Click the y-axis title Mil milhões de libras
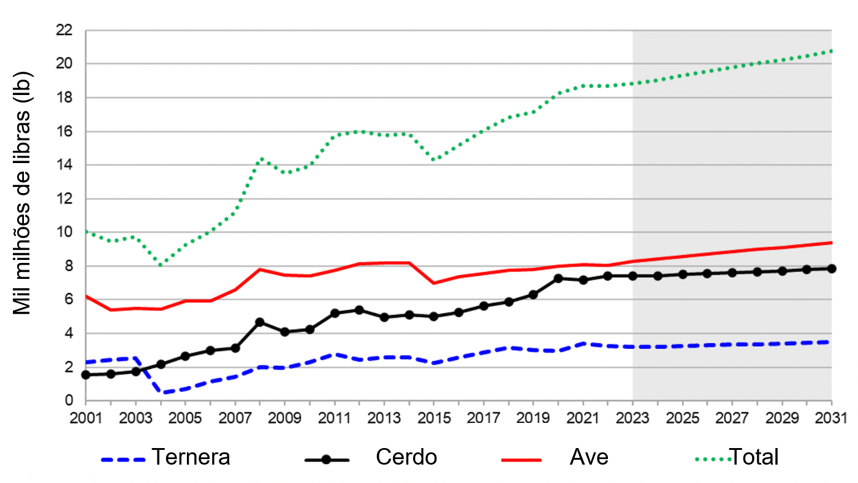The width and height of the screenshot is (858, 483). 23,193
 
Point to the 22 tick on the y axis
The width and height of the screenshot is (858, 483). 64,30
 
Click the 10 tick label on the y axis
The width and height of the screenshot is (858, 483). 64,232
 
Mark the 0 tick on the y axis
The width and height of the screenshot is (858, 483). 68,401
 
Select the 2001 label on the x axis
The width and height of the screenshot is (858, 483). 86,419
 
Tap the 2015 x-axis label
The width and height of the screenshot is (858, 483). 434,419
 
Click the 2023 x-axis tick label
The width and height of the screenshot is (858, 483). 632,419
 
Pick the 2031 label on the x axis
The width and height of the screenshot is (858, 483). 831,419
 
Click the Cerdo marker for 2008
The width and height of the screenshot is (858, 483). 260,322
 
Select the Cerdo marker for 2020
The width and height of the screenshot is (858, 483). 558,278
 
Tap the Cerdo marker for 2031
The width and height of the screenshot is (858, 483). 831,268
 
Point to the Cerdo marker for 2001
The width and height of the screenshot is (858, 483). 86,375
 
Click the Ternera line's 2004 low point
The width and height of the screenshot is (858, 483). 161,392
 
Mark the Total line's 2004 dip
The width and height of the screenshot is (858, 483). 161,265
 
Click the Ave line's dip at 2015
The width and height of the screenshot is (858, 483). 434,283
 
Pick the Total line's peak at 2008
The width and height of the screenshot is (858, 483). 262,158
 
